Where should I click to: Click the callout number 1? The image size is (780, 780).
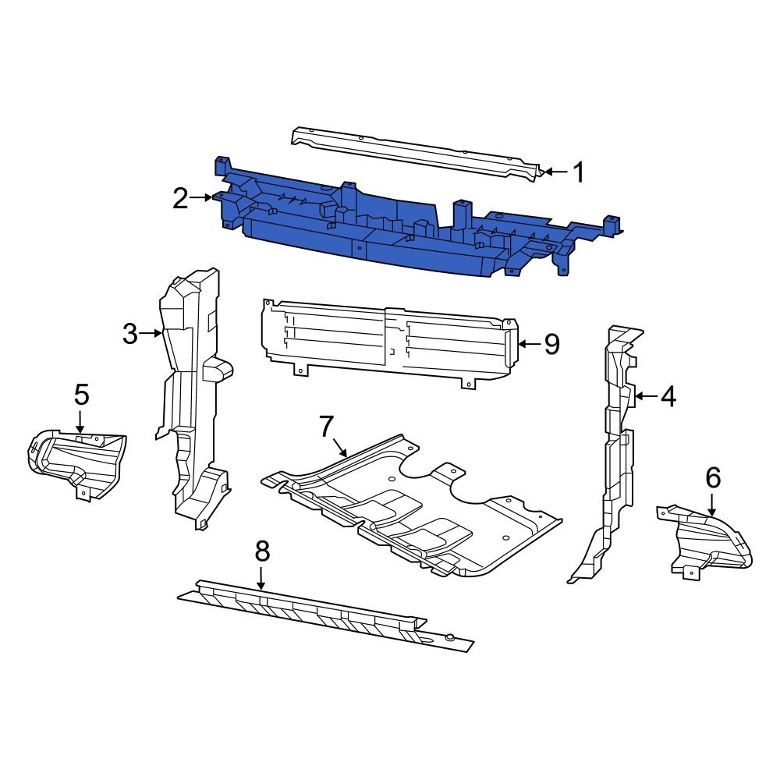pyautogui.click(x=578, y=172)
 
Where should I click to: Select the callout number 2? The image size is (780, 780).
pyautogui.click(x=181, y=200)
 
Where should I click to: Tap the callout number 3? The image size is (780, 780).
pyautogui.click(x=130, y=334)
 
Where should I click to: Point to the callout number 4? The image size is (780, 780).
pyautogui.click(x=668, y=397)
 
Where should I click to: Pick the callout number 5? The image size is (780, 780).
pyautogui.click(x=81, y=395)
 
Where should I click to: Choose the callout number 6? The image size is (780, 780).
pyautogui.click(x=713, y=477)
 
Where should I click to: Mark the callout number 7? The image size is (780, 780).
pyautogui.click(x=326, y=426)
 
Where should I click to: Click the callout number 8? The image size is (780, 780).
pyautogui.click(x=262, y=551)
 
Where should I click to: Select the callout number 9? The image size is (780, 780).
pyautogui.click(x=551, y=344)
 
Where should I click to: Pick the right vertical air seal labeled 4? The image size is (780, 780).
pyautogui.click(x=616, y=452)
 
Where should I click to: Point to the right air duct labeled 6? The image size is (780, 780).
pyautogui.click(x=706, y=542)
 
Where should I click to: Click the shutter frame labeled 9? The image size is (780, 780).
pyautogui.click(x=390, y=339)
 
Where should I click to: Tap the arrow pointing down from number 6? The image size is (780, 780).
pyautogui.click(x=712, y=505)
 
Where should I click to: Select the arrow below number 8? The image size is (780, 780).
pyautogui.click(x=262, y=578)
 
